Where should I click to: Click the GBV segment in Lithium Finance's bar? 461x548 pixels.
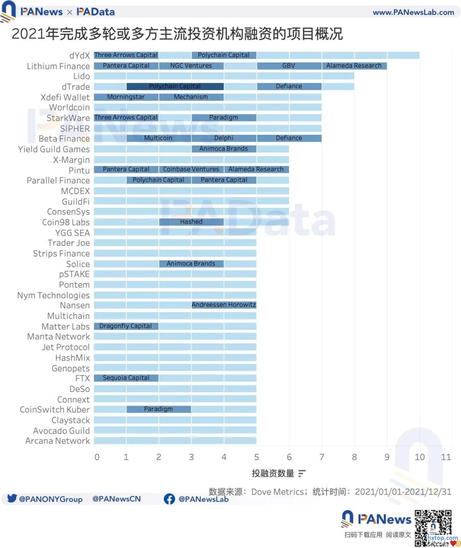coord(289,66)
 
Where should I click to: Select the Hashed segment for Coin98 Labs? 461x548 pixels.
coord(191,222)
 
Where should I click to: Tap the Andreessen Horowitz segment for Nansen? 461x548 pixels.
coord(224,305)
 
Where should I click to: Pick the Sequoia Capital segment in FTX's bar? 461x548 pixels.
coord(126,378)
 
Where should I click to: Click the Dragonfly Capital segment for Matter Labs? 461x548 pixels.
coord(126,326)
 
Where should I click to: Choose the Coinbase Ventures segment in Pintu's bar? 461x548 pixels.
coord(191,169)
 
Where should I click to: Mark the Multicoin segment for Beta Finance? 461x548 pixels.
coord(158,138)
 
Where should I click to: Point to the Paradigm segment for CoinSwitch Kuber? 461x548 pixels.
coord(158,409)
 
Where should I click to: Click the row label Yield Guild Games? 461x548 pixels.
coord(54,149)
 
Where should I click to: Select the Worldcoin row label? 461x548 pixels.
coord(70,108)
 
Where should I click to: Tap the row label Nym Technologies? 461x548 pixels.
coord(53,295)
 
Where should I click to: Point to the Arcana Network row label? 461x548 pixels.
coord(58,441)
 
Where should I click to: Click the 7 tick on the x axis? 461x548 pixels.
coord(321,457)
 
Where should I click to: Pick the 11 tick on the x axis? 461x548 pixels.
coord(446,457)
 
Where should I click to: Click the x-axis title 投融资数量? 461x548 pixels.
coord(273,473)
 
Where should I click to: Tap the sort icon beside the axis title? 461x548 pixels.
coord(302,473)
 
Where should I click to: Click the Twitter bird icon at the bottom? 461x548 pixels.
coord(12,498)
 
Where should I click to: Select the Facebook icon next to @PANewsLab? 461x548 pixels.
coord(169,499)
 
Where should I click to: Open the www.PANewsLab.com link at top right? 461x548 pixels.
coord(413,12)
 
